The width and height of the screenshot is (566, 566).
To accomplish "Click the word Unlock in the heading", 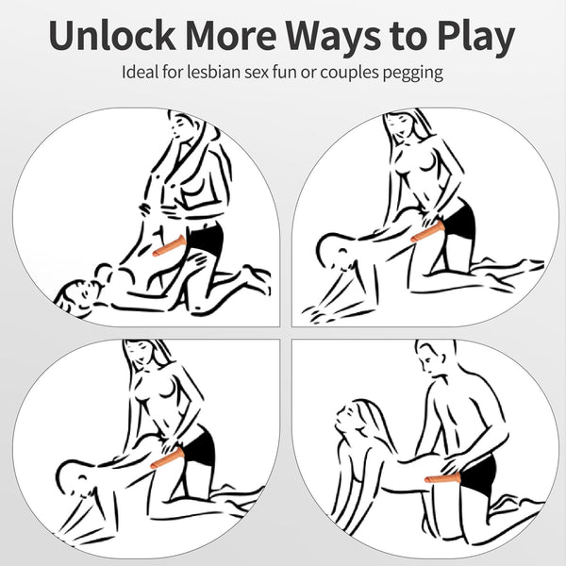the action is (x=112, y=35).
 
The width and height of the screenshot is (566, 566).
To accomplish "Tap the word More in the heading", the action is (x=232, y=36).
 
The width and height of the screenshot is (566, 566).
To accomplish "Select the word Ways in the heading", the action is (x=333, y=39).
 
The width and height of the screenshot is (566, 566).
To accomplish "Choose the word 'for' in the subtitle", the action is (x=173, y=72).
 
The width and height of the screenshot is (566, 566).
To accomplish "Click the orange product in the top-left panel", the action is (x=169, y=246).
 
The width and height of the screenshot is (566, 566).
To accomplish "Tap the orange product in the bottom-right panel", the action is (x=443, y=478).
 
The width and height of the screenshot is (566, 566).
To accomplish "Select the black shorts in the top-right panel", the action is (x=458, y=220).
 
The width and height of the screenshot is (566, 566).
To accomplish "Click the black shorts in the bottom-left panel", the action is (x=198, y=446).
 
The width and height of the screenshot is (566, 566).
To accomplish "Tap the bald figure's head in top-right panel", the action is (x=334, y=251).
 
